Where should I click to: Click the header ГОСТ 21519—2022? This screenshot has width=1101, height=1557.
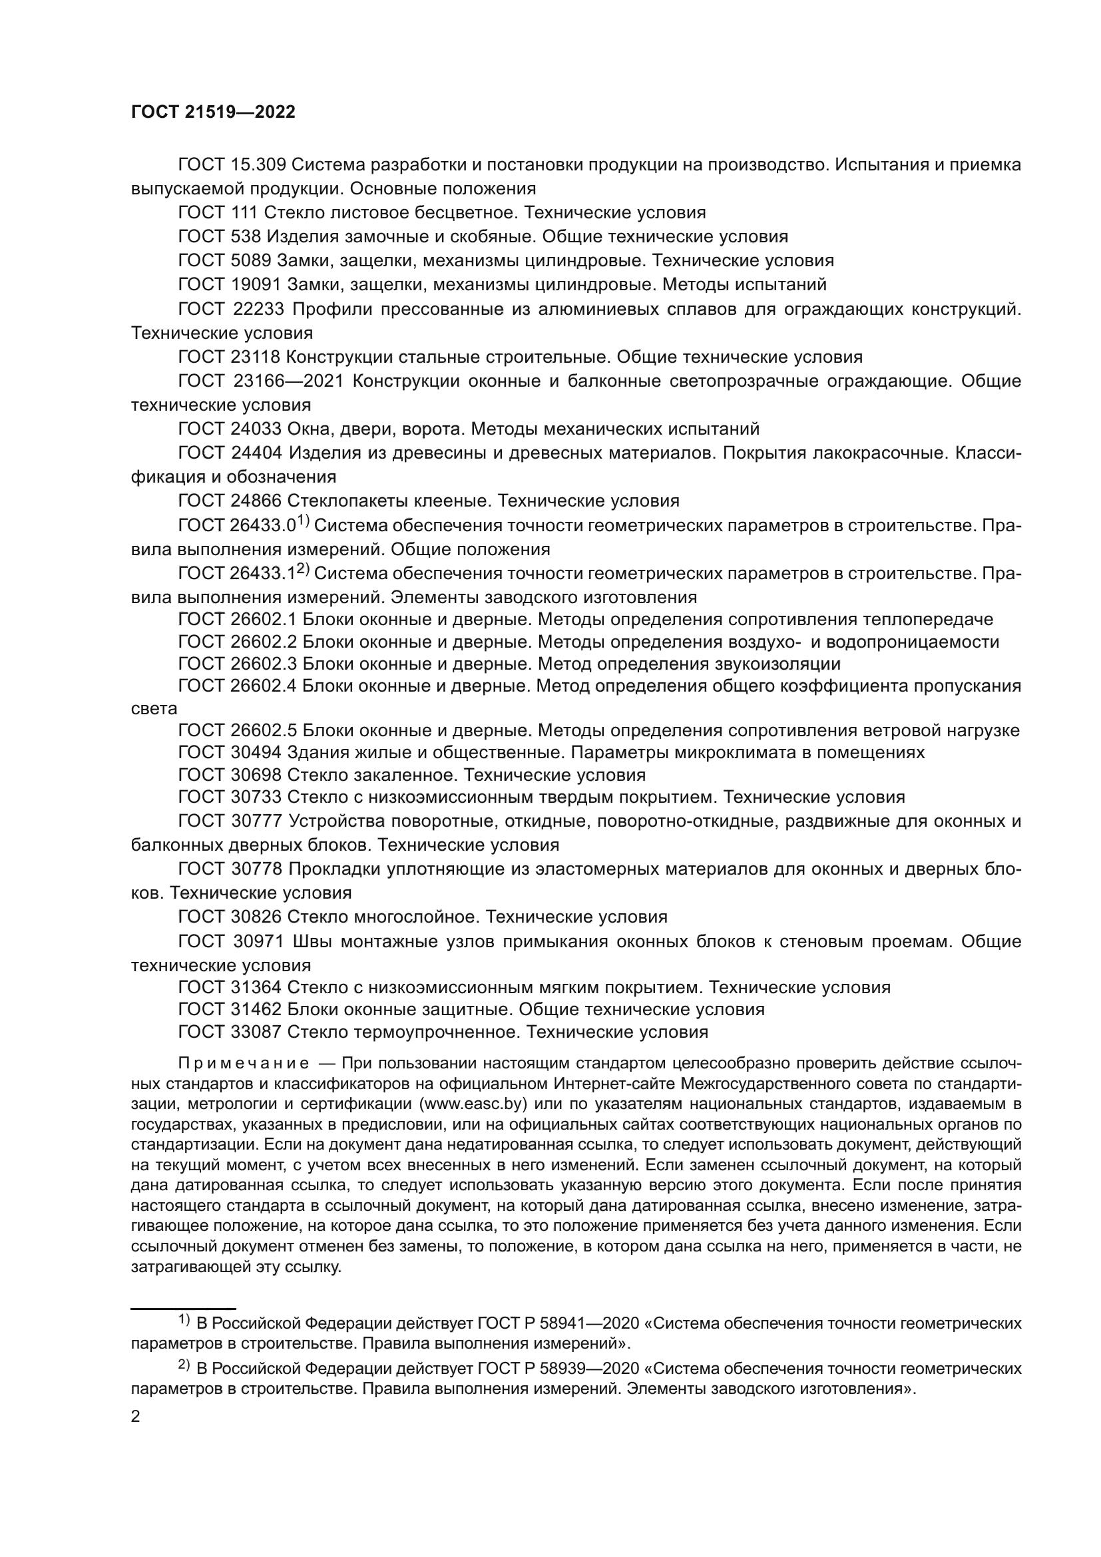click(213, 112)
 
